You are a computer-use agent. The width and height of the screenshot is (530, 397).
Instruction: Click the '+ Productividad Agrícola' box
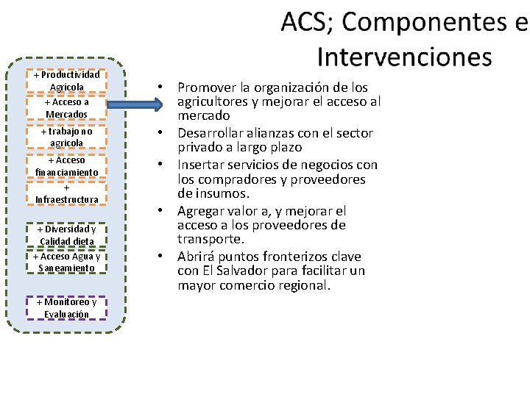pyautogui.click(x=67, y=81)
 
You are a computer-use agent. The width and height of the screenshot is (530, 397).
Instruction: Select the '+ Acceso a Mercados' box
pyautogui.click(x=67, y=108)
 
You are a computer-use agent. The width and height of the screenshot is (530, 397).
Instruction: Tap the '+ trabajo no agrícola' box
pyautogui.click(x=67, y=137)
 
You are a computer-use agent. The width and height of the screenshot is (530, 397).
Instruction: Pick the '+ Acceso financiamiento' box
pyautogui.click(x=67, y=165)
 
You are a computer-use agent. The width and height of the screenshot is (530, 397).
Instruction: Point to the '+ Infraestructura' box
pyautogui.click(x=67, y=193)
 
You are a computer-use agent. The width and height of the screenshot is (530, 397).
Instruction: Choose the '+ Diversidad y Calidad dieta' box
pyautogui.click(x=67, y=235)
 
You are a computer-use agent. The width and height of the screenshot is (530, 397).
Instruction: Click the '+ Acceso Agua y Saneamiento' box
pyautogui.click(x=67, y=262)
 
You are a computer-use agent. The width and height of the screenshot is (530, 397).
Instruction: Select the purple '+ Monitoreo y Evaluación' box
pyautogui.click(x=67, y=308)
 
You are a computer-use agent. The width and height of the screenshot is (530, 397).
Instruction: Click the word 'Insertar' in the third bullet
pyautogui.click(x=199, y=165)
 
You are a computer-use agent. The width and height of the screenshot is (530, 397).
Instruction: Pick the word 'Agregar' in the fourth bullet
pyautogui.click(x=201, y=211)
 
